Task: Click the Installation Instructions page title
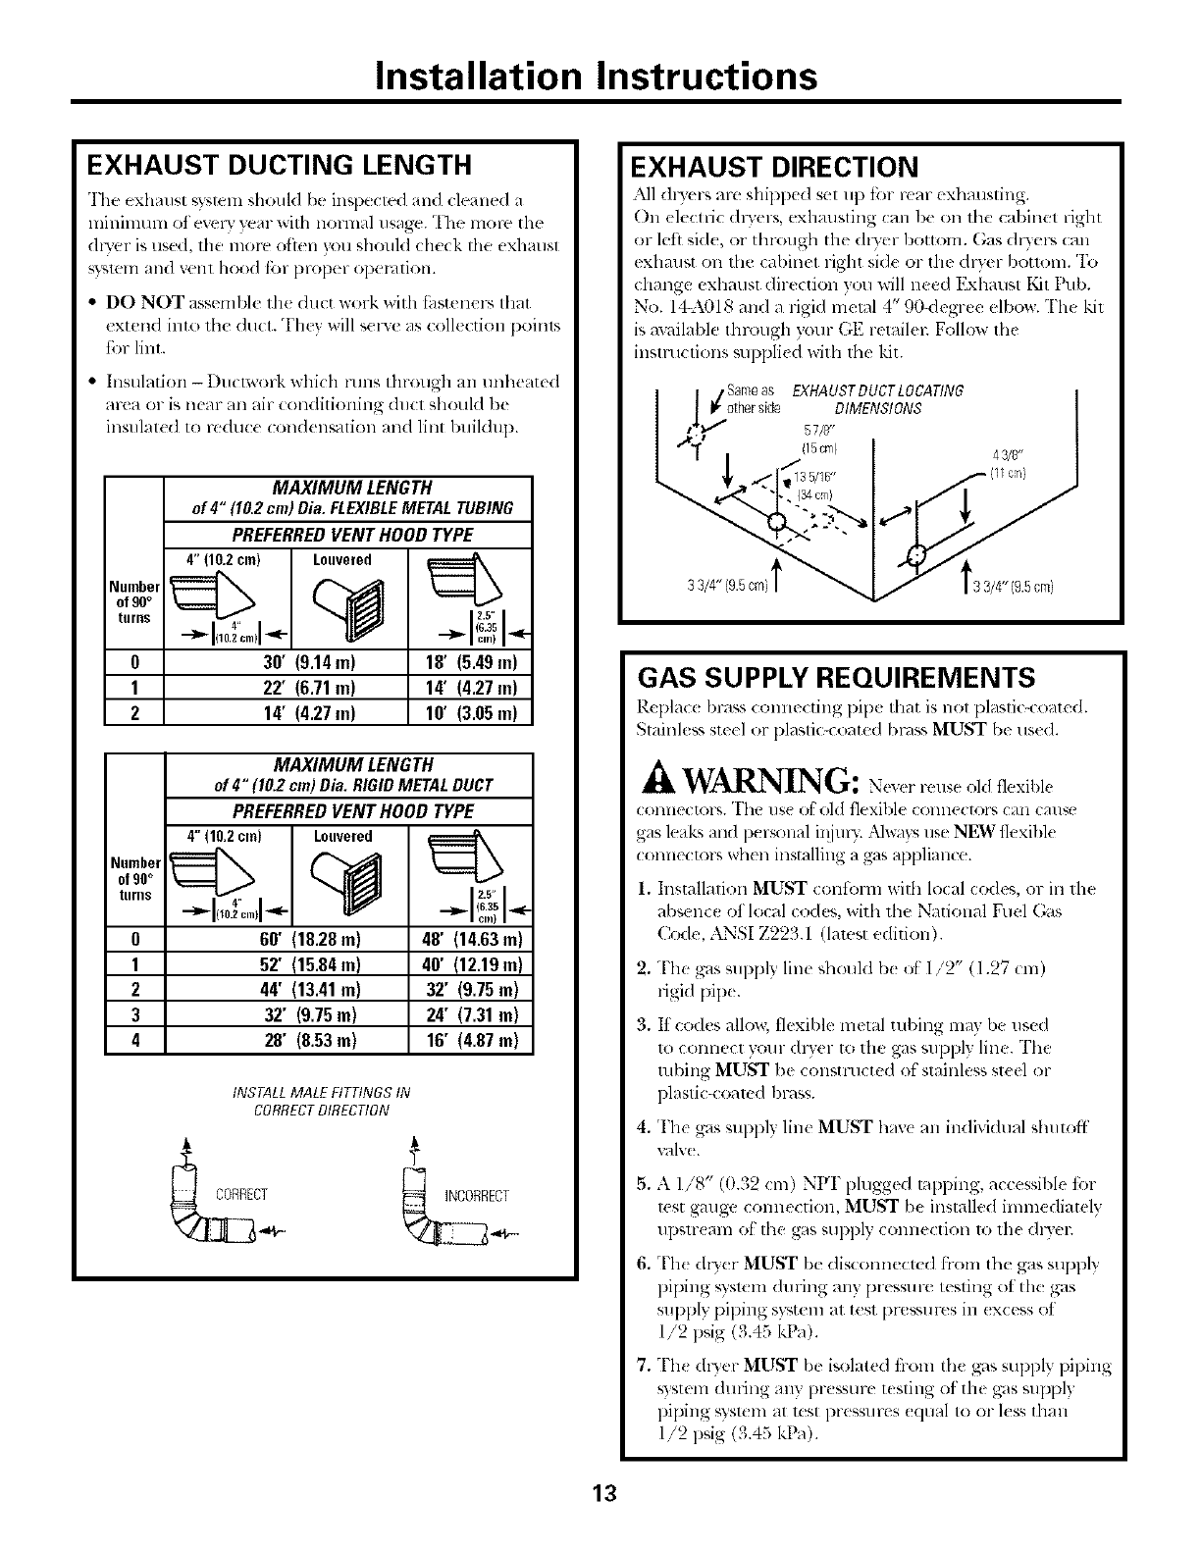599,76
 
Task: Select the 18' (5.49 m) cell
469,661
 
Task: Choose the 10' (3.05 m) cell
469,712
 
